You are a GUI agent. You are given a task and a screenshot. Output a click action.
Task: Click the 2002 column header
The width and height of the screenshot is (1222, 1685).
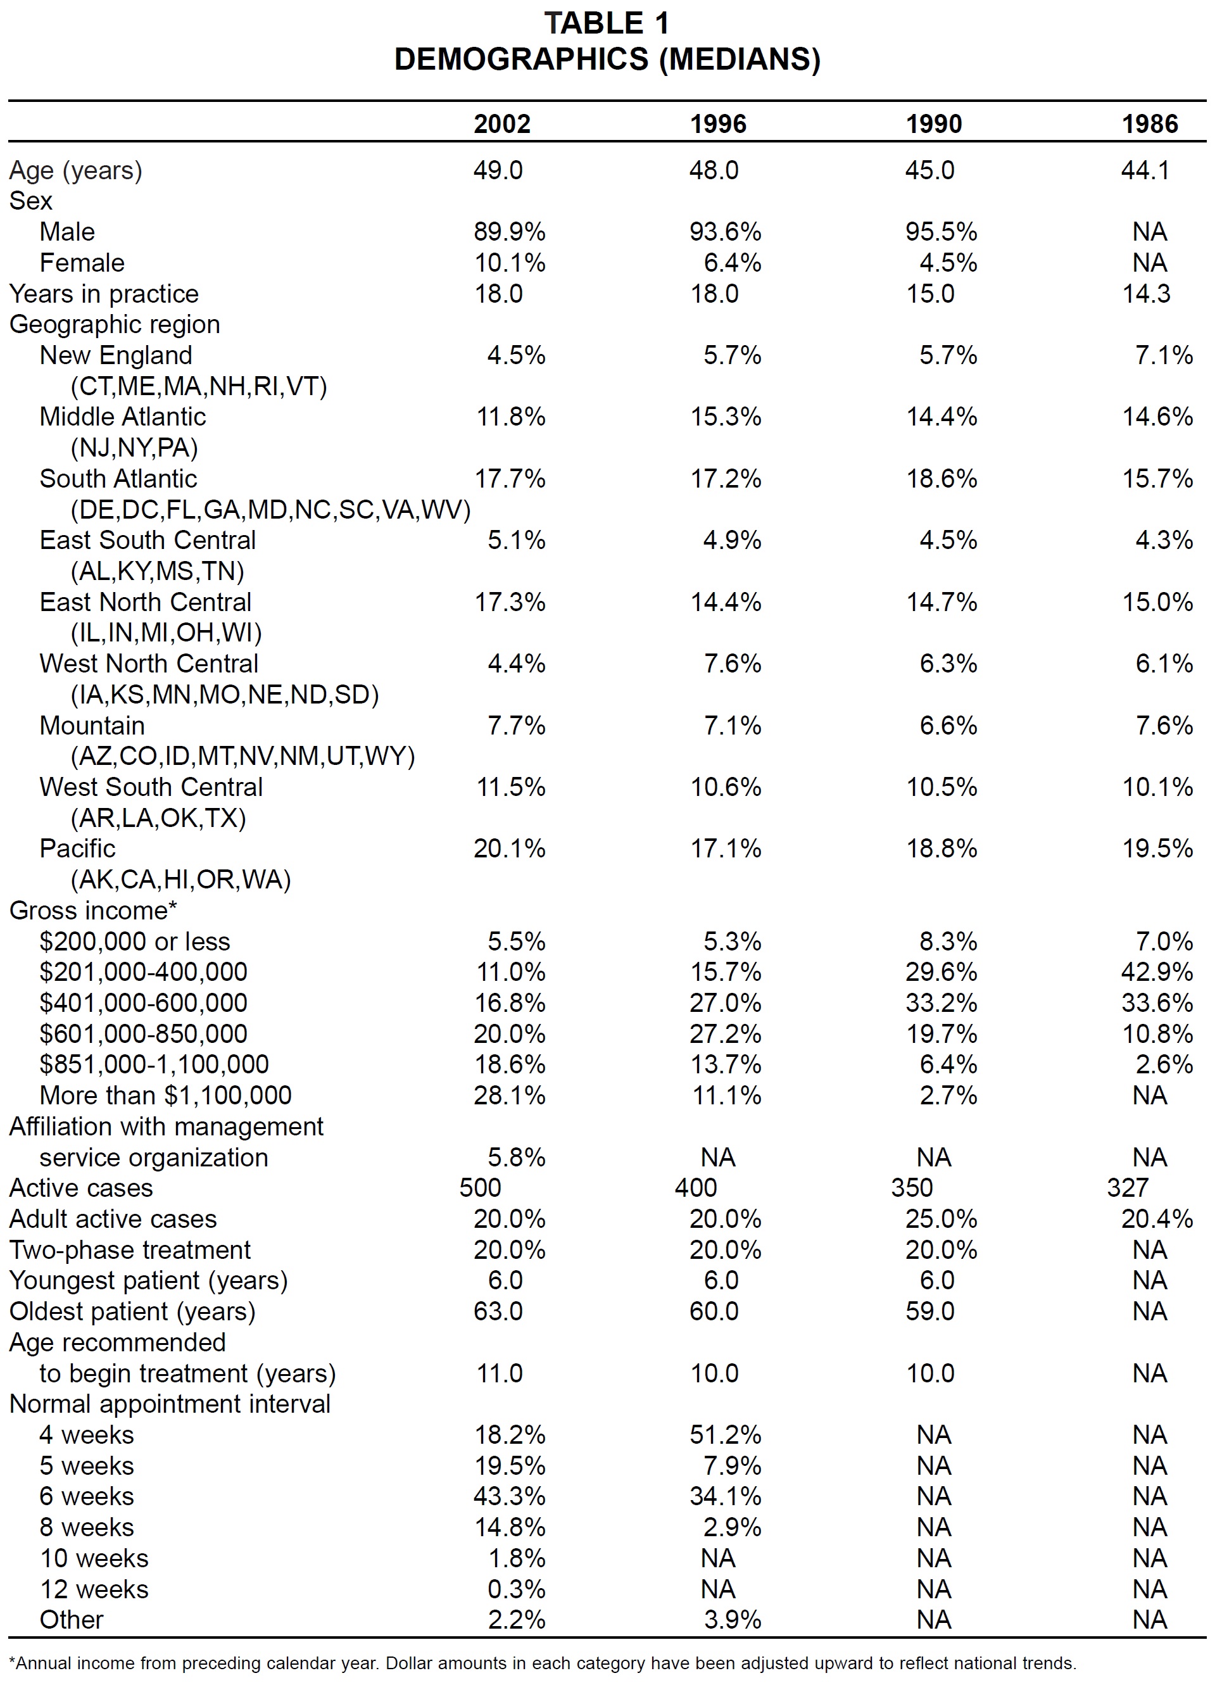point(502,123)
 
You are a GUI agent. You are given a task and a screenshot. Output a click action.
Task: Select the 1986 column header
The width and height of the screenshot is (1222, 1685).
point(1150,123)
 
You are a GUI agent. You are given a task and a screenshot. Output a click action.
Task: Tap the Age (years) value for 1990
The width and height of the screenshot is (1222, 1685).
point(929,170)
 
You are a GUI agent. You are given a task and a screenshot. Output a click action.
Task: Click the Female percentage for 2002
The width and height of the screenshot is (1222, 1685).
point(510,263)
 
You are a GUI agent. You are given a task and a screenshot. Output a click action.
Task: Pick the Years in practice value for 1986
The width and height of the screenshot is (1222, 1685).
point(1145,293)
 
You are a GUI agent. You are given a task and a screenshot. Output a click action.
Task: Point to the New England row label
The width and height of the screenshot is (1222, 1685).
point(116,355)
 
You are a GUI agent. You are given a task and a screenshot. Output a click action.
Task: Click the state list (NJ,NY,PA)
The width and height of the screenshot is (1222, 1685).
point(134,448)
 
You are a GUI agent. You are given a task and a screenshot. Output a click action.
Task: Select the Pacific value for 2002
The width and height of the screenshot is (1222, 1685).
point(510,849)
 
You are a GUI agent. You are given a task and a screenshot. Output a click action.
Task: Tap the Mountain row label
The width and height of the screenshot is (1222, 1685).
point(92,725)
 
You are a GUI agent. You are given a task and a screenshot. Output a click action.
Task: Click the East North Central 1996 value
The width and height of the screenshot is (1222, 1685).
point(726,602)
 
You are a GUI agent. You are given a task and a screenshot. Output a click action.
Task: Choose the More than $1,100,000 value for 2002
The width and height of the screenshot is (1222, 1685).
point(510,1095)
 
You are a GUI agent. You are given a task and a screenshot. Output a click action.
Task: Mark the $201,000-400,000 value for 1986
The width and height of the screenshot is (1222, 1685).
point(1157,972)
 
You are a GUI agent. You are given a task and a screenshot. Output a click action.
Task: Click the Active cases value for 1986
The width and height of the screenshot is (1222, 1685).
point(1128,1188)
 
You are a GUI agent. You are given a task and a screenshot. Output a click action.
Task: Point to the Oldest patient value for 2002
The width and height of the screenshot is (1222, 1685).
point(498,1311)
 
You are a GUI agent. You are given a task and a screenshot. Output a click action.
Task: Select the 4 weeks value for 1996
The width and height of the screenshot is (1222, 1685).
point(726,1435)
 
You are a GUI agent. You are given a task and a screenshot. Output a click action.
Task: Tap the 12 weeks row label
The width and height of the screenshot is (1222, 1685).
point(94,1589)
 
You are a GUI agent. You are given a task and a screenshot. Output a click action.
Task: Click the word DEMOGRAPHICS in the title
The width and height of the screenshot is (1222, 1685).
point(522,60)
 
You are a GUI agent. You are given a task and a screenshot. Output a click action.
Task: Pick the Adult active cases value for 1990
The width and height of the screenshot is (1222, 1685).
point(942,1218)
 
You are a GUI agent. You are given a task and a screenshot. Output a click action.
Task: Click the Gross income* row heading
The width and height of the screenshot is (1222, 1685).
point(93,910)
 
